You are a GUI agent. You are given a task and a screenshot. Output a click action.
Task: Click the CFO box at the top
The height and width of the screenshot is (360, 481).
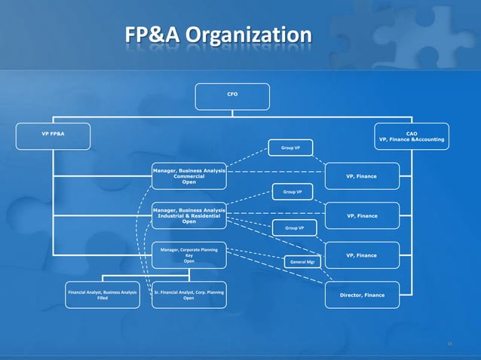point(231,96)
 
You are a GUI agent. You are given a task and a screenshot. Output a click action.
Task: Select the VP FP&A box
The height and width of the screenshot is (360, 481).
point(53,136)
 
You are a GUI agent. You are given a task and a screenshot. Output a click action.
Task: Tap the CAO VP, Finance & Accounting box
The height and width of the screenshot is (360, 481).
point(411,136)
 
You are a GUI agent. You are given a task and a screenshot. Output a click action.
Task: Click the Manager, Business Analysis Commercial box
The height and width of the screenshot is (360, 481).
point(188,176)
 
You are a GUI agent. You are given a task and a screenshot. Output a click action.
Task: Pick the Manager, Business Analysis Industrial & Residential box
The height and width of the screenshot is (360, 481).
point(188,215)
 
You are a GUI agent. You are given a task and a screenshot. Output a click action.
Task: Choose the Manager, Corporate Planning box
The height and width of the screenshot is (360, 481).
point(188,255)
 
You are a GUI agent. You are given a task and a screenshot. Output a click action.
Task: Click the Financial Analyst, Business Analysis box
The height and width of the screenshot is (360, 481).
point(102,294)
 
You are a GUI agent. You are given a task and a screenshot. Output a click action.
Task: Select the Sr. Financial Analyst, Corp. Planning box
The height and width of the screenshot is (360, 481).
point(188,294)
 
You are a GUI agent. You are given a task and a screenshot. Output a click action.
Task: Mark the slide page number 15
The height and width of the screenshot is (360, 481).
point(449,343)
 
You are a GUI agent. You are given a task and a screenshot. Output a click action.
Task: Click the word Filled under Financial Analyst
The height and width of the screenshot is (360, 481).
point(102,298)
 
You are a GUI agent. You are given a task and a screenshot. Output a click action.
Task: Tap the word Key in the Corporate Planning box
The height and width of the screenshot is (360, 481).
point(188,255)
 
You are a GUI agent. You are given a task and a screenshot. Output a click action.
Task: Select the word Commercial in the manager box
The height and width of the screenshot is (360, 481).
point(188,176)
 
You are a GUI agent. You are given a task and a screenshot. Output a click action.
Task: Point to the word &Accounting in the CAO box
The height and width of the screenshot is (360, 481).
point(427,139)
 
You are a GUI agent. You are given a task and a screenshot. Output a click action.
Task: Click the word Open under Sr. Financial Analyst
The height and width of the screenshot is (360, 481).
point(188,298)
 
